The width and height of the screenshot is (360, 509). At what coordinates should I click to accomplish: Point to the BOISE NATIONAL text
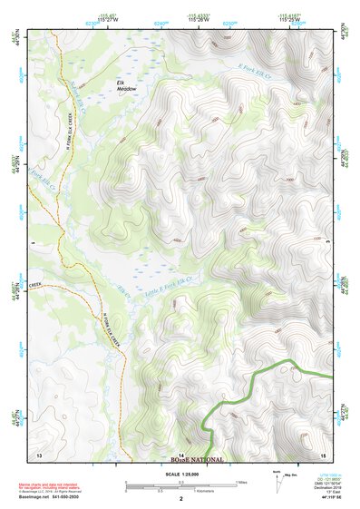[196, 460]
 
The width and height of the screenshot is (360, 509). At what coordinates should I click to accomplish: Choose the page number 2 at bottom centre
[181, 499]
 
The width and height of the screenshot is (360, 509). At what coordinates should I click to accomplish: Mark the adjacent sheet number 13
[39, 452]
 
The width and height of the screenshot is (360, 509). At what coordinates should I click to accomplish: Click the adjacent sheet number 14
[181, 453]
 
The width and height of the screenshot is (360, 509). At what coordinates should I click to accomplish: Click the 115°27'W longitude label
[107, 19]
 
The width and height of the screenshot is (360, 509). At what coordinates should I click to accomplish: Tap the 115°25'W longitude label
[296, 19]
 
